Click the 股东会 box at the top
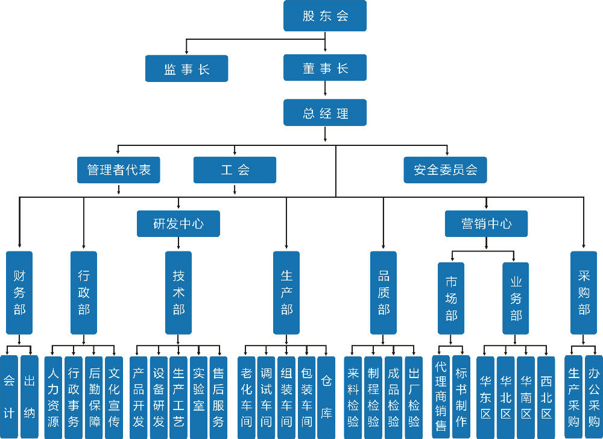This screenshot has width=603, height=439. coord(325,16)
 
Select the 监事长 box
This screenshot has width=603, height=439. coord(186,68)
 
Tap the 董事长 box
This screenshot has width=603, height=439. coord(325,68)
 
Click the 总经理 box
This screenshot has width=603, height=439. coord(325,112)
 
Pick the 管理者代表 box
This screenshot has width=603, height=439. coord(119,169)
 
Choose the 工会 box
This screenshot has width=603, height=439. coord(235,169)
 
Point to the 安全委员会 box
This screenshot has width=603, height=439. coord(445,169)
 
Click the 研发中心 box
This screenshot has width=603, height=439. coord(178,223)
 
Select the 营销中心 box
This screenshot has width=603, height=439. coord(486,223)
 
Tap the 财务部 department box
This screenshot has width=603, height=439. coord(19,292)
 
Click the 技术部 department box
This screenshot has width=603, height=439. coord(178,292)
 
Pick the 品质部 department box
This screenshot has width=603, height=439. coord(384,292)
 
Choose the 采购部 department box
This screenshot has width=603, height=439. coord(584,292)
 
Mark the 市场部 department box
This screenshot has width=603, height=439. coord(451,298)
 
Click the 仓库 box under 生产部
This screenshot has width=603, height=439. coord(326,396)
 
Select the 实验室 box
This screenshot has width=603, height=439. coord(198,396)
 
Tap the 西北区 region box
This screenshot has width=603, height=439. coord(546,396)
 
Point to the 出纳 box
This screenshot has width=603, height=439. coord(29,396)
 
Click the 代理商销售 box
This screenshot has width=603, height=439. coord(441,396)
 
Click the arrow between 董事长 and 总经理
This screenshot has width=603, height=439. coord(325,89)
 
